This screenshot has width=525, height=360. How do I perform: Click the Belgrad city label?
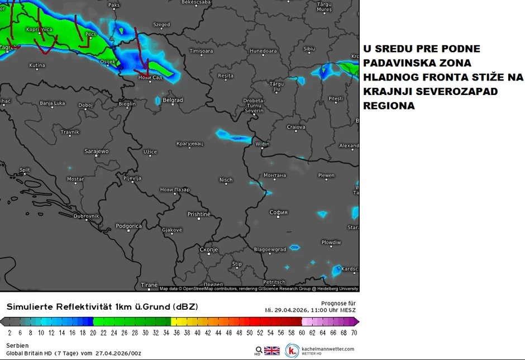[173, 100]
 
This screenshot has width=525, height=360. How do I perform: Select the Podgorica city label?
[128, 226]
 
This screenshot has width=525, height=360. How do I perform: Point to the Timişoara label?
[202, 51]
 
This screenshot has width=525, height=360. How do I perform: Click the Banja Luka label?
[52, 103]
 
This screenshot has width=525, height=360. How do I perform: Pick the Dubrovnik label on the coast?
[86, 216]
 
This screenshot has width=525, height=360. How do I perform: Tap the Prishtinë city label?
[199, 214]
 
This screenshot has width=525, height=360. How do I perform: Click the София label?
[278, 212]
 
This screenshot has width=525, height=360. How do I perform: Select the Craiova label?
[296, 127]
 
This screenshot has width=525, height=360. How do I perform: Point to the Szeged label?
[161, 25]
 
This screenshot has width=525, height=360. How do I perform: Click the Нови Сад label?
[150, 77]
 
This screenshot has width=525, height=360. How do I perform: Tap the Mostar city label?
[75, 179]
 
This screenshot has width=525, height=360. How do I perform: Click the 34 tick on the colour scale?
[166, 332]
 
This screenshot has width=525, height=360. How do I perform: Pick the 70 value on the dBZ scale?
[354, 332]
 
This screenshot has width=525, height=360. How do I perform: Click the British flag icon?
[272, 350]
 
